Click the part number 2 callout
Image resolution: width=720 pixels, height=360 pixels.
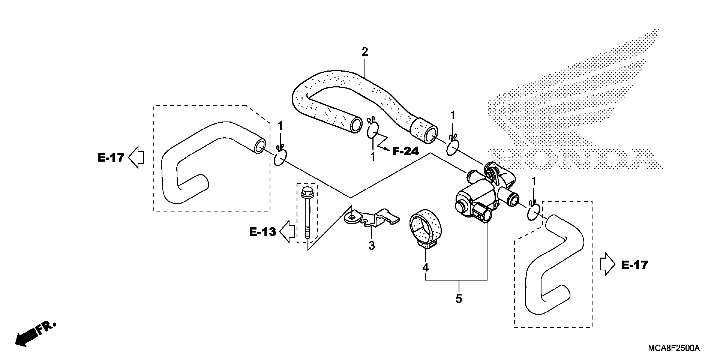pyautogui.click(x=365, y=52)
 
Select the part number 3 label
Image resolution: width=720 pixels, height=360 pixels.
pyautogui.click(x=371, y=246)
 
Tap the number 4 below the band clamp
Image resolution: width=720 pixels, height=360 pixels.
pyautogui.click(x=425, y=268)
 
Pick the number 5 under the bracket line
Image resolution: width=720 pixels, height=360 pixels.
pyautogui.click(x=459, y=299)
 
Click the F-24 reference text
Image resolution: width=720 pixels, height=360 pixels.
pyautogui.click(x=406, y=151)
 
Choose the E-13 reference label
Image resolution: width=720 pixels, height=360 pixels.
pyautogui.click(x=262, y=232)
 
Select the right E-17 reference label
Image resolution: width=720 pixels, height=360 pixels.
pyautogui.click(x=634, y=265)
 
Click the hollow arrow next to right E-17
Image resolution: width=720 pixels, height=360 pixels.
pyautogui.click(x=607, y=264)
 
